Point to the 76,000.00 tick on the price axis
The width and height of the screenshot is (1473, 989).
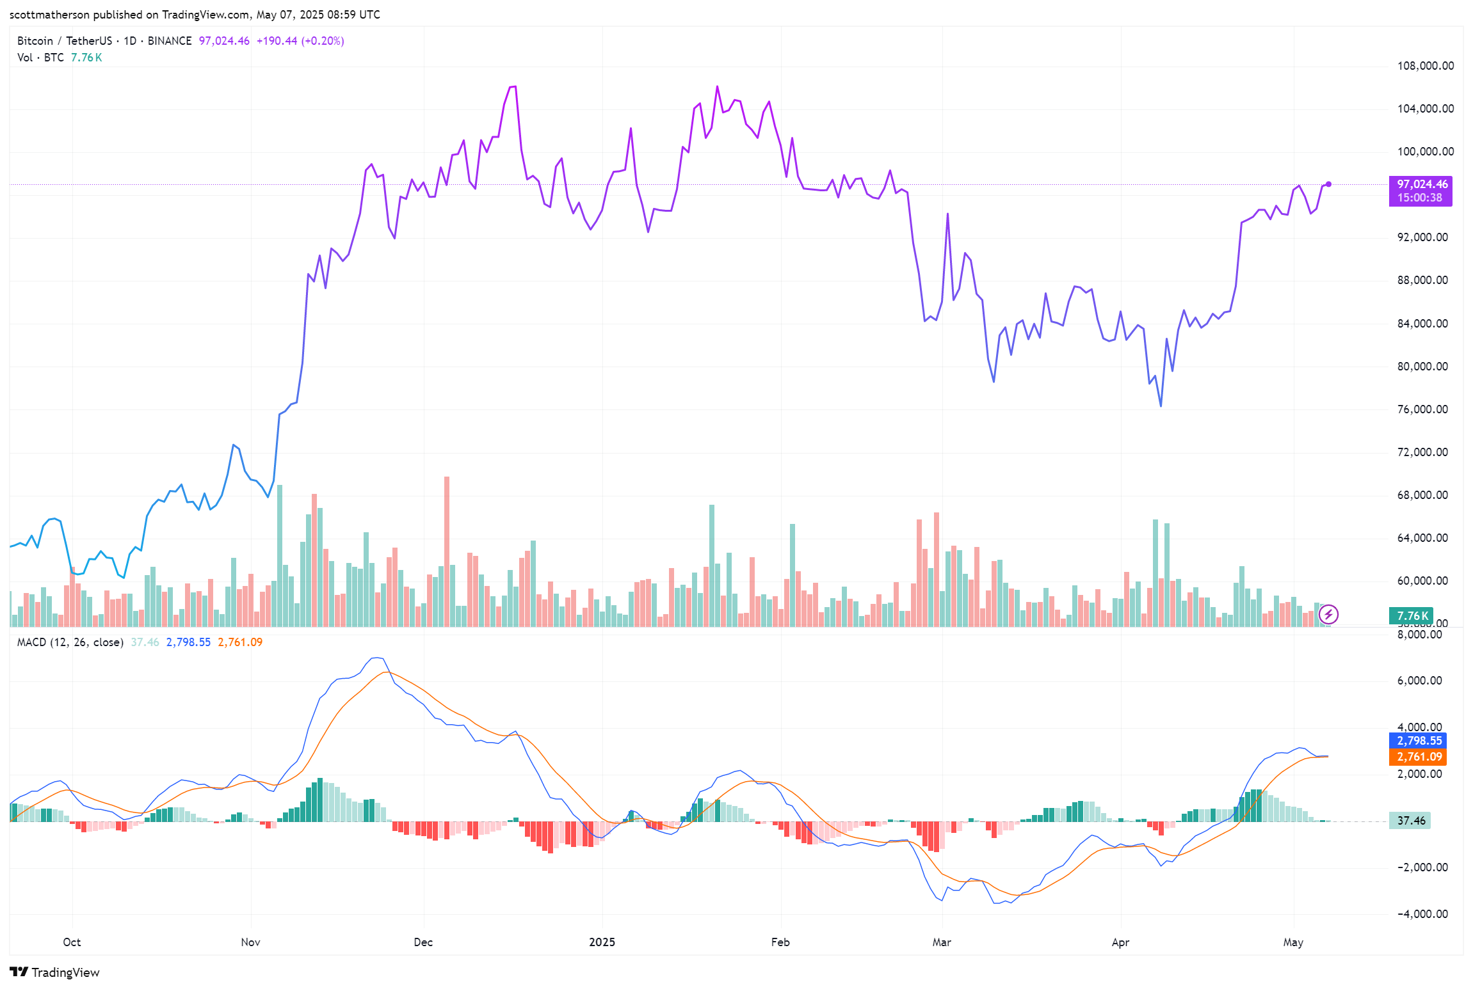click(x=1422, y=409)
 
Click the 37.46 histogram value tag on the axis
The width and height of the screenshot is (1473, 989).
click(x=1410, y=821)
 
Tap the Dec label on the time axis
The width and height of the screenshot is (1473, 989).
click(x=423, y=942)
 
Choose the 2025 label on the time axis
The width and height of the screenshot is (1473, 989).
click(x=602, y=942)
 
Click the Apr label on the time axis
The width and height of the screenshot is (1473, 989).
click(x=1120, y=942)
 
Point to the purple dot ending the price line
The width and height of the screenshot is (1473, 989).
click(x=1328, y=184)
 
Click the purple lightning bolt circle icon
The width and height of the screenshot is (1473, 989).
click(x=1328, y=615)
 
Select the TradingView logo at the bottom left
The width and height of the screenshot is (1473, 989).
click(x=55, y=972)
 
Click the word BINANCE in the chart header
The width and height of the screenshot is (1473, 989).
click(x=170, y=41)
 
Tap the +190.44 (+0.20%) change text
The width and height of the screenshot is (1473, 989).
click(x=300, y=41)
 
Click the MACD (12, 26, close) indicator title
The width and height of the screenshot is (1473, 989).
click(x=70, y=642)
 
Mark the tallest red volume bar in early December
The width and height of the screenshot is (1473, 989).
click(x=447, y=550)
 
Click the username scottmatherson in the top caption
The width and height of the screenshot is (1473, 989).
click(x=49, y=15)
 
